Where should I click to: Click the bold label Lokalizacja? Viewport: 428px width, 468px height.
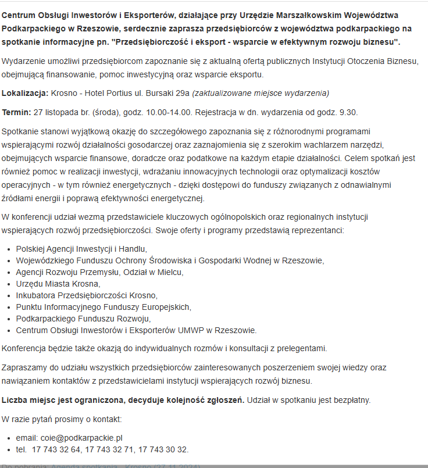[x=25, y=93]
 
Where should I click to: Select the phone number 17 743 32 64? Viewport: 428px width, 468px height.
[x=57, y=449]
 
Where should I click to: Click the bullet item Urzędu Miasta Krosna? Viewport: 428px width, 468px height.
[x=58, y=284]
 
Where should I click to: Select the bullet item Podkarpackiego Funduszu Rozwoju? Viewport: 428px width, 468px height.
[x=83, y=319]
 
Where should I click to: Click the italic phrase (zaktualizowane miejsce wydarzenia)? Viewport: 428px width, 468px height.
[x=261, y=93]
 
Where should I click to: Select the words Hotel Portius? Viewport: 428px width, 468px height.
[x=102, y=93]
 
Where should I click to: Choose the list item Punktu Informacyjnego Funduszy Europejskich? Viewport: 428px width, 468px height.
[x=104, y=307]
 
